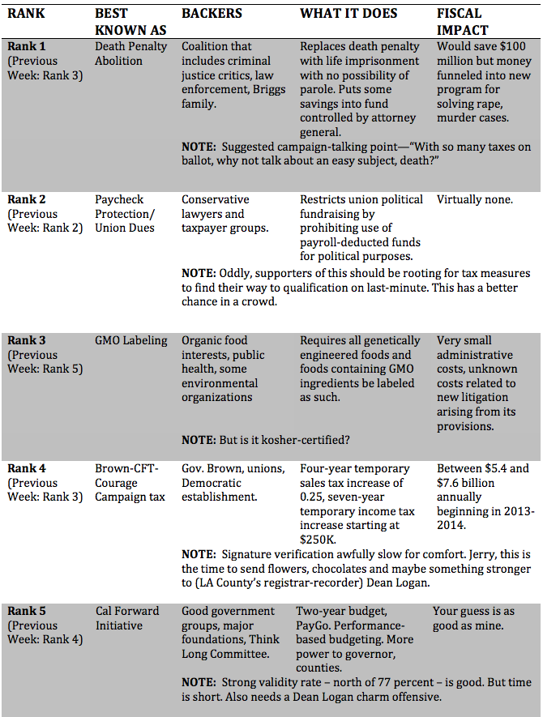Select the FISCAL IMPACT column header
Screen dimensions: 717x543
[x=459, y=20]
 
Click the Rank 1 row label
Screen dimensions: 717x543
[x=28, y=47]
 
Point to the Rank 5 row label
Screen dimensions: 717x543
[x=28, y=611]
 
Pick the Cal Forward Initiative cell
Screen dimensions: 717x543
[x=127, y=618]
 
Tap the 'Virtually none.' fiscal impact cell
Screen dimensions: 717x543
[x=475, y=199]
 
